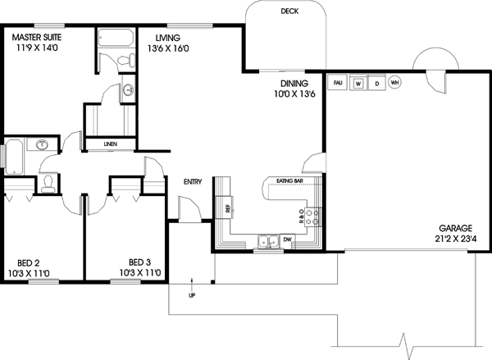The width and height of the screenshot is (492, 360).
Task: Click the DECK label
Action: click(289, 11)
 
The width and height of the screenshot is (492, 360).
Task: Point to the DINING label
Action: click(294, 84)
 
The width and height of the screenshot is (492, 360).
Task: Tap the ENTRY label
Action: click(193, 182)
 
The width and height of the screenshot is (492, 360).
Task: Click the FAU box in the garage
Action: click(338, 83)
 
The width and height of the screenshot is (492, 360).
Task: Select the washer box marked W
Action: click(358, 83)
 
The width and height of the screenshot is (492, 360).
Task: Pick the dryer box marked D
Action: click(377, 83)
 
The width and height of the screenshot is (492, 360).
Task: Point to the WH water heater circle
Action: click(394, 83)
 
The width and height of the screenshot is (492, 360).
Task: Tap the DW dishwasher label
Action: click(287, 239)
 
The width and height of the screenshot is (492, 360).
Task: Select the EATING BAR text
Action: click(289, 180)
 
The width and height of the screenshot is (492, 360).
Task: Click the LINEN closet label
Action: click(110, 144)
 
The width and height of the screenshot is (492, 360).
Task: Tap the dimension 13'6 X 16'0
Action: click(167, 48)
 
